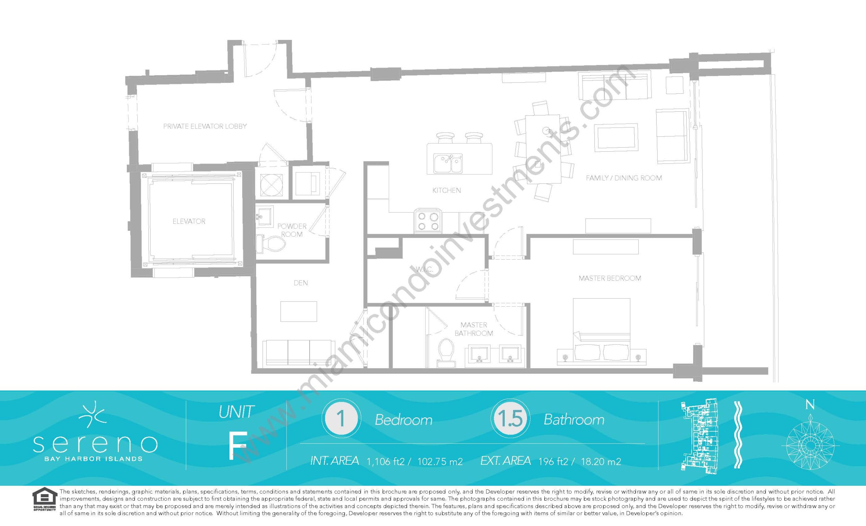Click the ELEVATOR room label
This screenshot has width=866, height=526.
pos(189,221)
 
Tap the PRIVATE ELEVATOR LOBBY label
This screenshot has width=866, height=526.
pos(205,126)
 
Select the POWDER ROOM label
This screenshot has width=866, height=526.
pos(292,230)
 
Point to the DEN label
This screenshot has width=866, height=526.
pos(301,283)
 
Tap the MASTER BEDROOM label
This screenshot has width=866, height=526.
pos(610,278)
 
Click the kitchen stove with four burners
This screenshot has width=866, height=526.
pos(428,221)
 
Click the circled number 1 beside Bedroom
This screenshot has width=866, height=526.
pos(341,419)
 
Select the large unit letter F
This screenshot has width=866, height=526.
pos(236,445)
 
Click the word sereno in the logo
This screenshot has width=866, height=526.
pos(95,444)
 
